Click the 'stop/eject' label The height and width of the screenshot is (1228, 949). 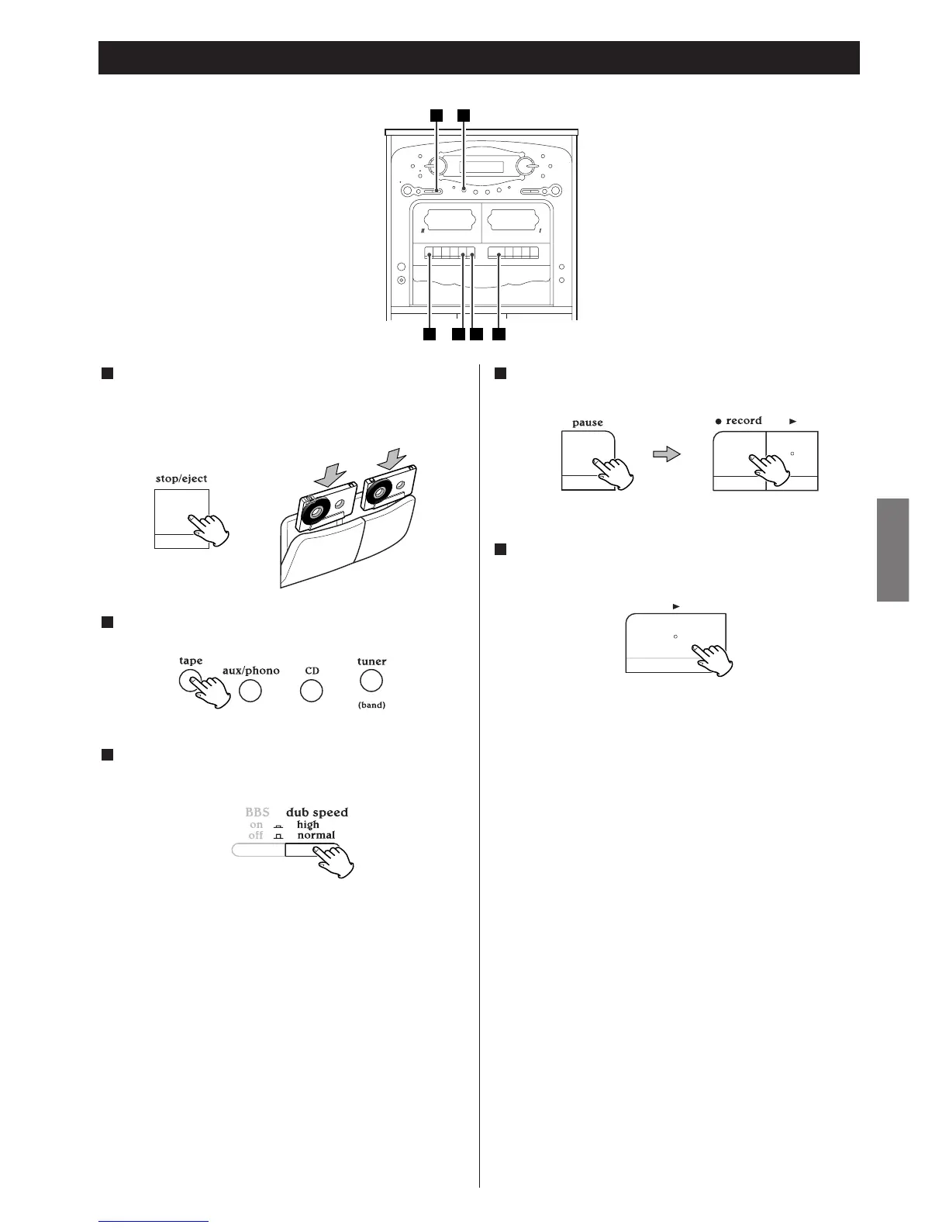pos(181,478)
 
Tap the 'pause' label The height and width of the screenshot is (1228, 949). pos(587,423)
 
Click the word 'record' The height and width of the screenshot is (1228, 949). pos(744,421)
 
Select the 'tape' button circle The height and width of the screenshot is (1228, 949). pos(189,681)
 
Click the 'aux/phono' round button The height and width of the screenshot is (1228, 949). pos(250,691)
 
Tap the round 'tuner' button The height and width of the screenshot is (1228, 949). pos(371,681)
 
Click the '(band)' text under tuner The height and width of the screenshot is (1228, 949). pos(371,705)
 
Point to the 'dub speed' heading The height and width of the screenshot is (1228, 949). pos(316,812)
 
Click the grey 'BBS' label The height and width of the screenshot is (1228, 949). pos(257,812)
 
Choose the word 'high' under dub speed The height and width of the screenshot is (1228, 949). pos(308,825)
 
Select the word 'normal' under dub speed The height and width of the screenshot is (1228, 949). pos(316,836)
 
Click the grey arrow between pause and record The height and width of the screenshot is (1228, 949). pos(666,454)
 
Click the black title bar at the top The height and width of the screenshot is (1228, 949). pos(478,57)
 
